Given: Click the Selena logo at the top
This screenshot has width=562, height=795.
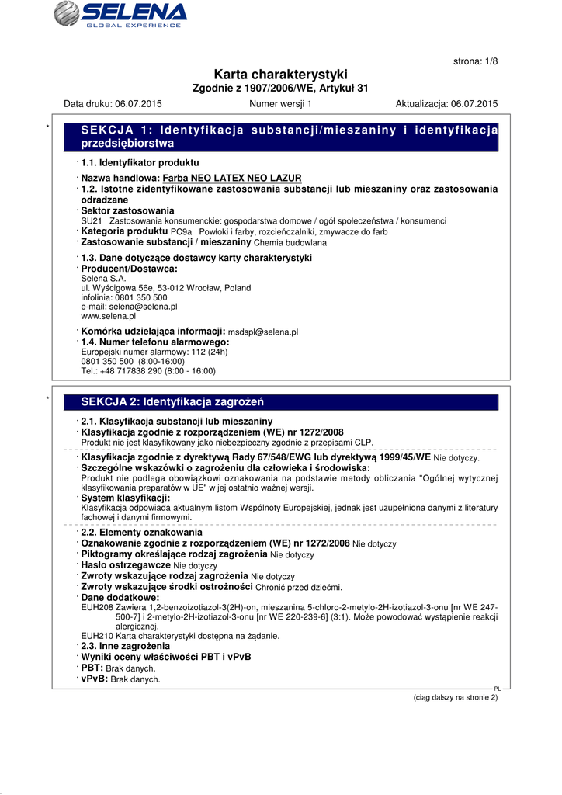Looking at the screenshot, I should click(121, 15).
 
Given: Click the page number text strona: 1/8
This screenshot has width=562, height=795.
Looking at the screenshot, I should click(474, 61).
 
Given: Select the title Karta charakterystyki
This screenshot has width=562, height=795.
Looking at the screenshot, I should click(280, 75).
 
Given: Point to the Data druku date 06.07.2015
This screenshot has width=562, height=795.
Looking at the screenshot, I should click(138, 103).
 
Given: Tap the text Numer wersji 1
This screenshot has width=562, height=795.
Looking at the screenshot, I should click(280, 103).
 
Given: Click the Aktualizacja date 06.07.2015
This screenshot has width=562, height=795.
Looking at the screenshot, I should click(474, 103).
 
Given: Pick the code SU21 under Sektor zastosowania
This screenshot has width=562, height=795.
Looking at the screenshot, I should click(91, 221).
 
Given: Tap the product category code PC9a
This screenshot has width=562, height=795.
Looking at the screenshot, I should click(181, 232).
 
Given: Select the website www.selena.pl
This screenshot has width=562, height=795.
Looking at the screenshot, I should click(108, 316).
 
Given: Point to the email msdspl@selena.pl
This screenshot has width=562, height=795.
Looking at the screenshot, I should click(268, 332).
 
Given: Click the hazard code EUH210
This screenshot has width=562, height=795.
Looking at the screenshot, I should click(96, 636).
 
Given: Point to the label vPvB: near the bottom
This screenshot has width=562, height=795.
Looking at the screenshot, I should click(95, 679).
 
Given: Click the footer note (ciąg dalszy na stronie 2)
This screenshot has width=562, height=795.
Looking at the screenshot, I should click(455, 697).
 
